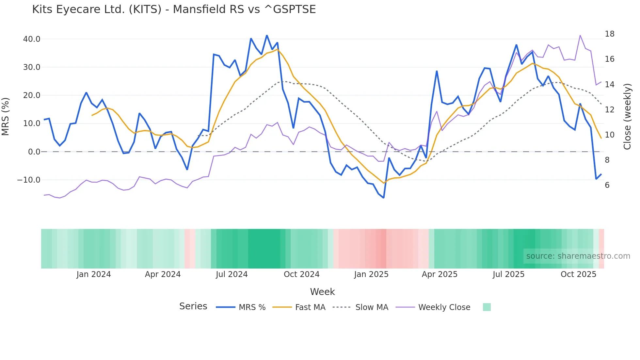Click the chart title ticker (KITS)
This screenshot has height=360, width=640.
[x=145, y=9]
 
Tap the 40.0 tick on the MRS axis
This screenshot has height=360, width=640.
[x=32, y=39]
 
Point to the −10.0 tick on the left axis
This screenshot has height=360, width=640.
[x=29, y=180]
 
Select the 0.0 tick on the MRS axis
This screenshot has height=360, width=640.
[x=34, y=152]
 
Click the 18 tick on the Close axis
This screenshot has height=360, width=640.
[x=609, y=34]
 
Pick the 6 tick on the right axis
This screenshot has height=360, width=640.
[x=607, y=185]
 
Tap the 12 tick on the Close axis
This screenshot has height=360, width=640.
[x=609, y=110]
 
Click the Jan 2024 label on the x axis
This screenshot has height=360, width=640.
[x=94, y=274]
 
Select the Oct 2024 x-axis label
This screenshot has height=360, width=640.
[x=301, y=274]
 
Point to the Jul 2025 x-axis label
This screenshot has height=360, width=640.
[x=508, y=274]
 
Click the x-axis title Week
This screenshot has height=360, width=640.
[x=322, y=292]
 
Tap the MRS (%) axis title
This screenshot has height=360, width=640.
[x=6, y=116]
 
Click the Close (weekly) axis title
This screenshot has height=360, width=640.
[x=627, y=116]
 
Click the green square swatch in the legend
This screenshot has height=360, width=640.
[x=487, y=307]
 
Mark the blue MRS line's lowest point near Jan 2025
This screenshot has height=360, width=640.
[x=384, y=198]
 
